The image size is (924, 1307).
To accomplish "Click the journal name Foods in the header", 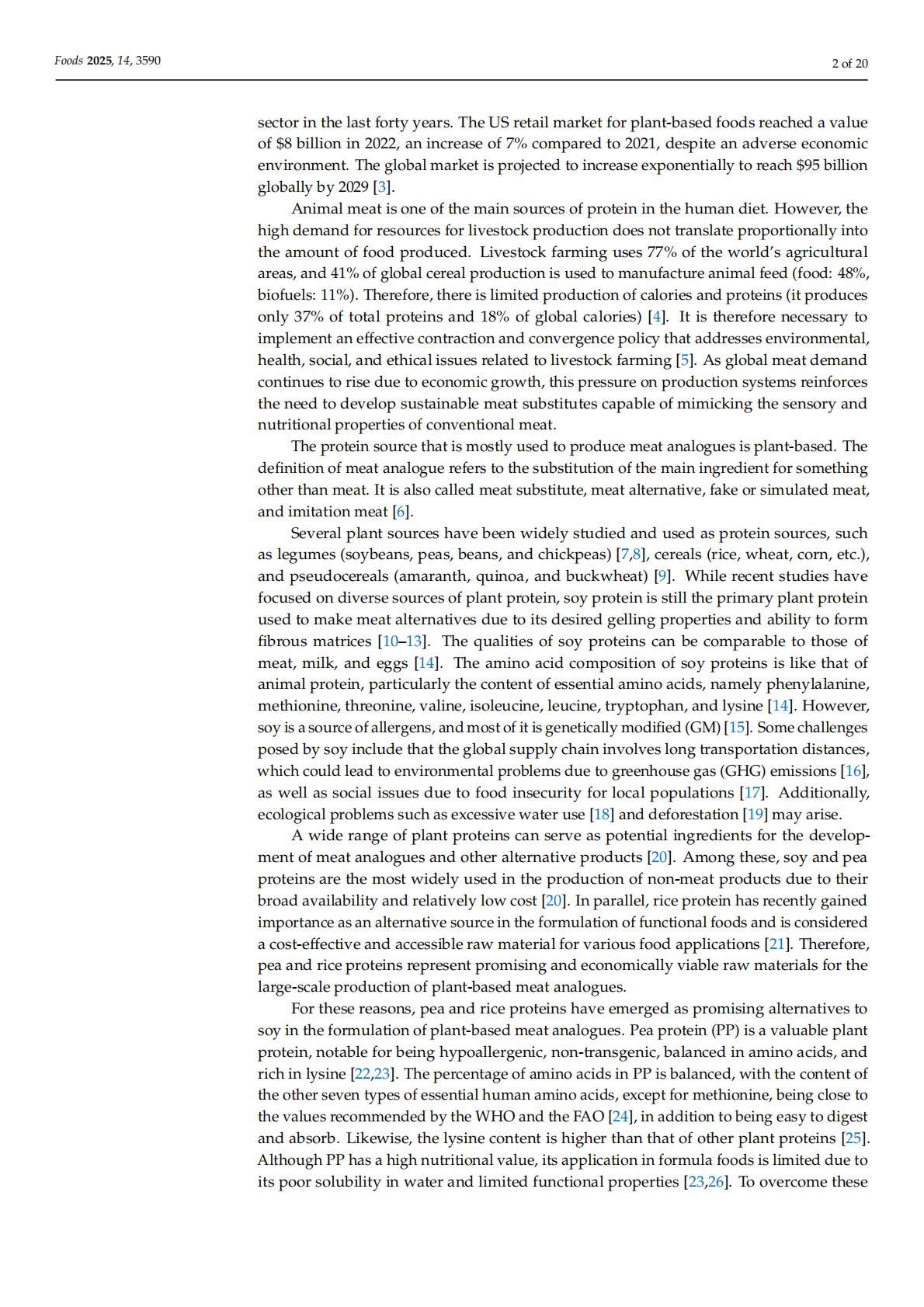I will (x=68, y=61).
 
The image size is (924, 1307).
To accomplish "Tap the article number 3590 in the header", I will (x=148, y=61).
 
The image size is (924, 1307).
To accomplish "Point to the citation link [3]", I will (x=383, y=187).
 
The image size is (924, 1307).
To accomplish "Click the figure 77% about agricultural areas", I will (x=660, y=252).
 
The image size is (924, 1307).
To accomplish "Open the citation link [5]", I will (x=684, y=360).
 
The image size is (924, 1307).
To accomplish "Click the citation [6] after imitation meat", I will (x=401, y=512).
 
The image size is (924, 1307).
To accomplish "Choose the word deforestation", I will (x=693, y=815).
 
